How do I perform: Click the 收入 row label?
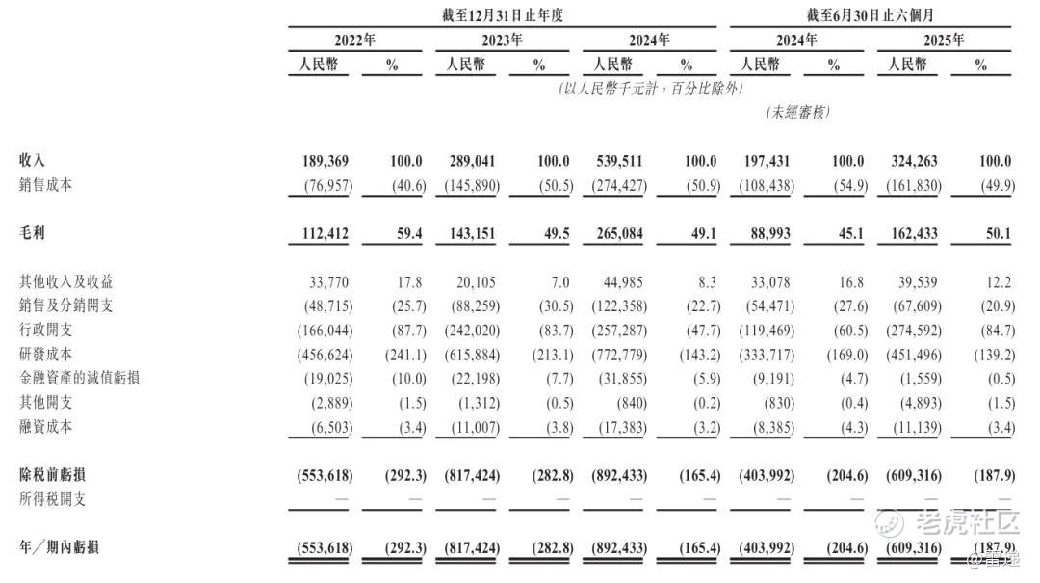click(x=32, y=161)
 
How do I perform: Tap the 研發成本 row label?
click(x=45, y=354)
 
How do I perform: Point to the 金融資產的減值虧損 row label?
click(x=79, y=378)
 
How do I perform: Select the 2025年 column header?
click(x=944, y=40)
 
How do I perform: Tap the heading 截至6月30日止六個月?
click(x=870, y=13)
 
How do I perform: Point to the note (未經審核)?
click(x=797, y=112)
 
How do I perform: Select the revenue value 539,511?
click(x=617, y=161)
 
